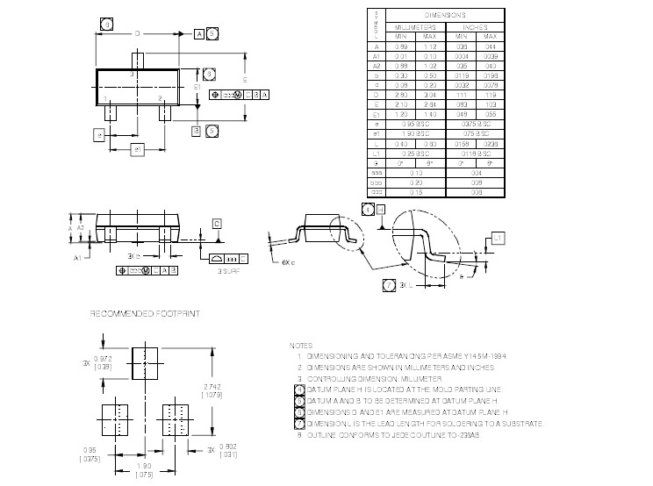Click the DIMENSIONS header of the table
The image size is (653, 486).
pos(446,16)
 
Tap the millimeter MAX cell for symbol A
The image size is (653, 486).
pos(429,46)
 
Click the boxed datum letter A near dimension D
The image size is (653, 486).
pos(199,33)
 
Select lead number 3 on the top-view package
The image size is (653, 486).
pos(132,75)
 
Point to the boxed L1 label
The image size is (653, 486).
pos(498,238)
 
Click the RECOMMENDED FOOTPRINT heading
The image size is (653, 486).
pos(145,313)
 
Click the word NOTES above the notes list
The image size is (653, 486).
pos(299,346)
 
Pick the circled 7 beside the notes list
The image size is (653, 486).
pos(299,424)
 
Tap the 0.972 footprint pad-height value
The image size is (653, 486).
pos(103,360)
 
